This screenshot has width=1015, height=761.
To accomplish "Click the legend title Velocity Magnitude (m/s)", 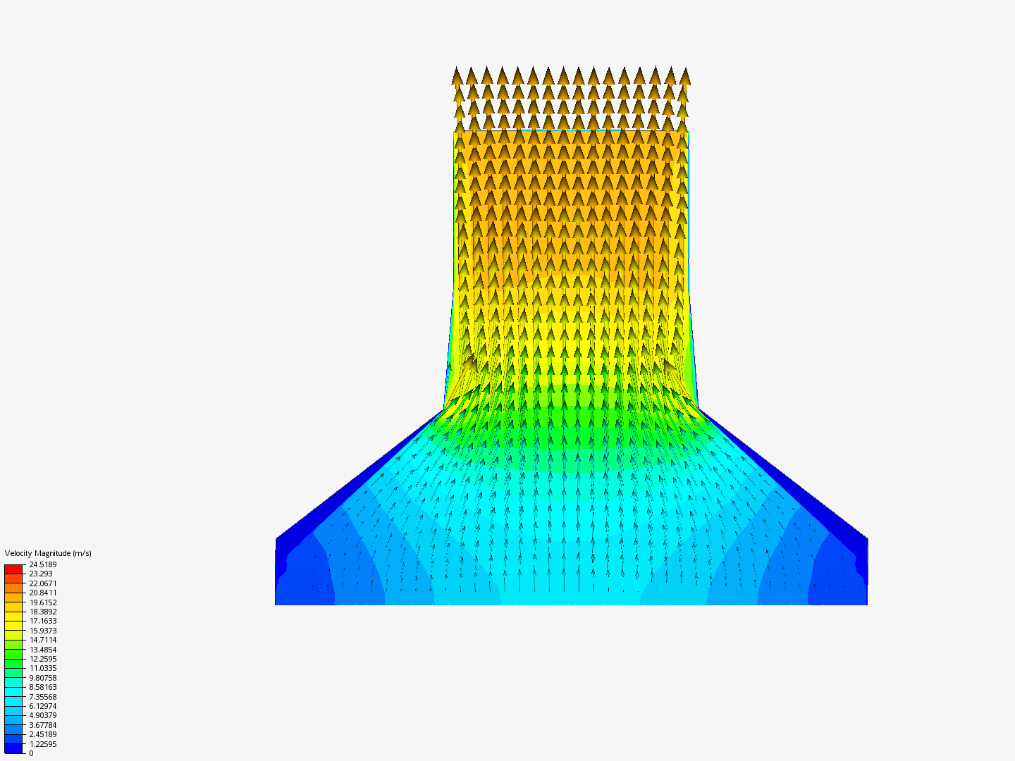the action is (x=48, y=553).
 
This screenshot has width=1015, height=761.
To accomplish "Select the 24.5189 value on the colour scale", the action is (x=43, y=564).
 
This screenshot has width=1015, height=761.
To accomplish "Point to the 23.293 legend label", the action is (x=41, y=574).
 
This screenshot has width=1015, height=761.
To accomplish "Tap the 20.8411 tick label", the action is (x=43, y=593).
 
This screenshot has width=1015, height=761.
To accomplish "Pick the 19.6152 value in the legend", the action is (x=43, y=602).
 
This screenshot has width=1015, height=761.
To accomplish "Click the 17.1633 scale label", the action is (x=43, y=621).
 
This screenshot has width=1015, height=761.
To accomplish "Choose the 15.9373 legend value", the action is (x=43, y=631).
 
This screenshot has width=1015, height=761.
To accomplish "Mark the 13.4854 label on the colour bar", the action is (x=43, y=650).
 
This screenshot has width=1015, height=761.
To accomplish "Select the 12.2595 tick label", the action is (x=43, y=659).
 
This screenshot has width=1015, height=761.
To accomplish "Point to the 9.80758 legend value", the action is (x=43, y=678).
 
